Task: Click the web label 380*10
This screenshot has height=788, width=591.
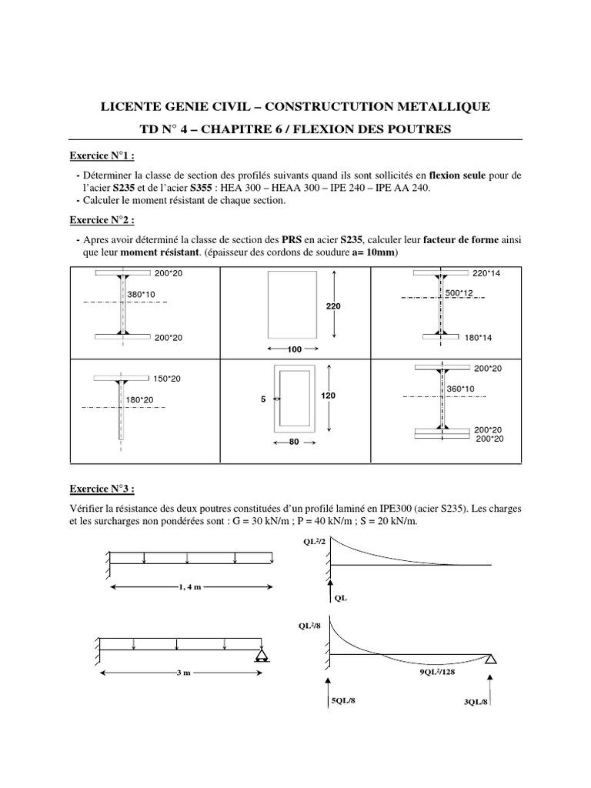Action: (x=142, y=295)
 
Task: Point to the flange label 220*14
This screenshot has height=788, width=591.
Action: (x=486, y=273)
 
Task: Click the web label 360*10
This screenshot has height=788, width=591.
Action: (x=462, y=389)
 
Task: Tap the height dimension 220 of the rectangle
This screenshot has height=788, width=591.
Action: (x=332, y=306)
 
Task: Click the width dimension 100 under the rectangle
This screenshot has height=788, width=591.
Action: (x=294, y=349)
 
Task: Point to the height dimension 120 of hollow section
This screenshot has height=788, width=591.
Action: (x=329, y=395)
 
